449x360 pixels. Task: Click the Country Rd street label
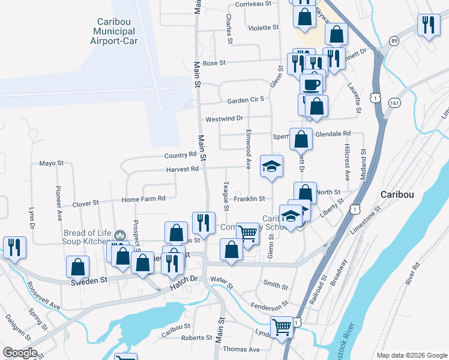[180, 154]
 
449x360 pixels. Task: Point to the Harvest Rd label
[182, 169]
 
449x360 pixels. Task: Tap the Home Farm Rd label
[143, 199]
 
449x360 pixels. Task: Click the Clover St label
[85, 204]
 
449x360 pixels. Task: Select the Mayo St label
[51, 163]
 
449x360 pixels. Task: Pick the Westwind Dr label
[224, 119]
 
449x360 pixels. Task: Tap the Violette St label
[264, 28]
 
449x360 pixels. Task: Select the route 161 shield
[394, 103]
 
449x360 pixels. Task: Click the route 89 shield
[393, 41]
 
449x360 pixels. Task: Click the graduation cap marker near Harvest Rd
[271, 165]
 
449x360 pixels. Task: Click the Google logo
[20, 353]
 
